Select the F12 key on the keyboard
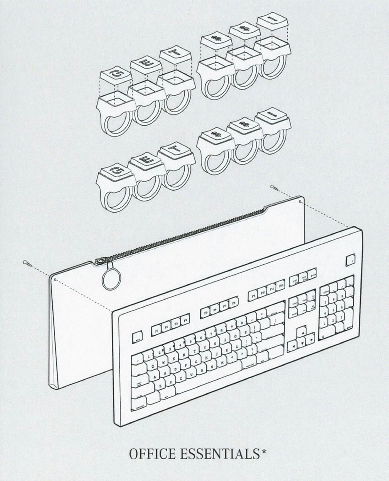point(281,286)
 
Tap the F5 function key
point(205,313)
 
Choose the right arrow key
point(311,340)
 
